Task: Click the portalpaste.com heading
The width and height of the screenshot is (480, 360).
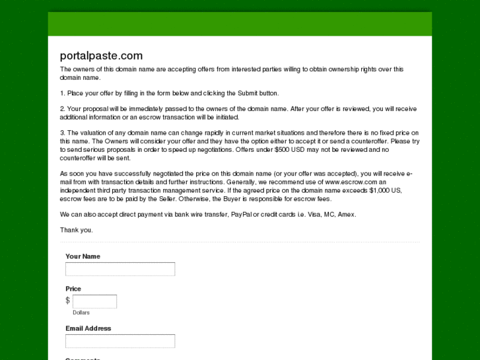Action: click(x=101, y=55)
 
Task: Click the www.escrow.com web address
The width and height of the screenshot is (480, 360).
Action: click(x=350, y=182)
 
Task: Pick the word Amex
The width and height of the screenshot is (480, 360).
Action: click(x=347, y=215)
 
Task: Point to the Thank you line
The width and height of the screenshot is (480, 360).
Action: click(x=77, y=230)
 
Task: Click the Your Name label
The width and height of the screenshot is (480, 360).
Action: click(x=83, y=256)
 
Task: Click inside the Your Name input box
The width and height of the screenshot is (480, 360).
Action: click(x=120, y=269)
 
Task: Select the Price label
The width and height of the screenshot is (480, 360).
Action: click(x=73, y=289)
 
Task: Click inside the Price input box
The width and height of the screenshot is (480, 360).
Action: click(x=94, y=301)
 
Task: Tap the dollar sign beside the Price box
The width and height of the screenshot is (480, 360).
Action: click(x=67, y=301)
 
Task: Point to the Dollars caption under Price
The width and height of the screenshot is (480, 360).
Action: click(x=81, y=312)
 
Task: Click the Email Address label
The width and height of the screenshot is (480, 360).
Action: click(x=88, y=328)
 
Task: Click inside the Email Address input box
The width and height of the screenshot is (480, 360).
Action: click(x=120, y=341)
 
